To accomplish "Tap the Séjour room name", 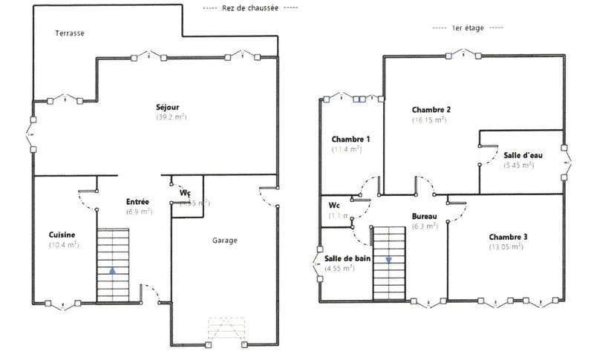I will click(168, 107).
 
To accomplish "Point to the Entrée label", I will click(138, 202).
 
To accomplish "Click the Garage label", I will click(225, 240).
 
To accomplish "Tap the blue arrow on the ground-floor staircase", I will click(112, 272).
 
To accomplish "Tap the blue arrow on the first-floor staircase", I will click(388, 261).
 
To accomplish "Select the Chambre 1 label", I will click(350, 139).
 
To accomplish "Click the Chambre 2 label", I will click(431, 109).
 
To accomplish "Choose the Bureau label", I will click(424, 217).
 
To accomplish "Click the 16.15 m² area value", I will click(429, 120).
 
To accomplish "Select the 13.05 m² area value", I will click(506, 247).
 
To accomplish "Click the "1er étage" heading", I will click(467, 27).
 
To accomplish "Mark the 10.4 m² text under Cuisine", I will click(64, 245).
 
